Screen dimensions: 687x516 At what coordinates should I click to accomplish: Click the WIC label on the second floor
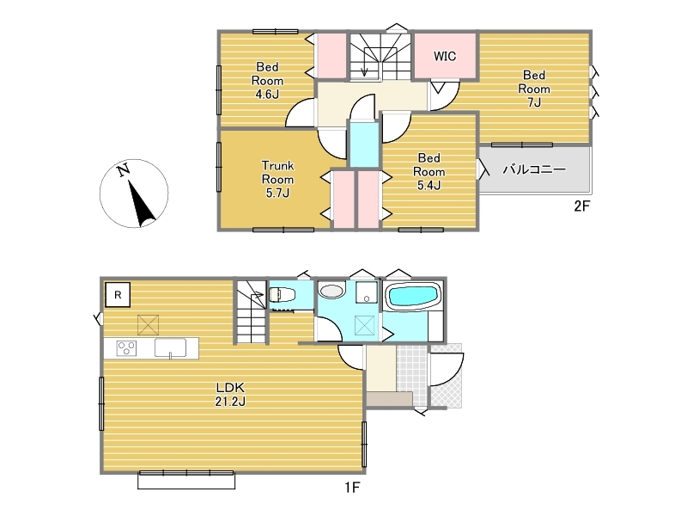point(445,56)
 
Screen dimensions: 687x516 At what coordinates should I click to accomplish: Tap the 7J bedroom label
point(534,89)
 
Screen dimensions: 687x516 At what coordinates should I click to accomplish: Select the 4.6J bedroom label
point(267,81)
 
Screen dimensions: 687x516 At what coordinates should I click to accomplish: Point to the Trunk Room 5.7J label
point(277,179)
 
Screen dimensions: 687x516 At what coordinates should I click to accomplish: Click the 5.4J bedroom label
point(429,171)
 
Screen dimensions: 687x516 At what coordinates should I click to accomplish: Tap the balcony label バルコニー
point(534,169)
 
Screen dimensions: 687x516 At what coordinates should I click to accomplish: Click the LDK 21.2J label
point(230,394)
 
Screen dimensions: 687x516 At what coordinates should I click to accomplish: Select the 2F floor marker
point(582,206)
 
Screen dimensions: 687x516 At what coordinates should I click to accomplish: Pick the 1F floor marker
point(352,487)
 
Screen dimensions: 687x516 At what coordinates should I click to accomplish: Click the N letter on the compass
point(124,169)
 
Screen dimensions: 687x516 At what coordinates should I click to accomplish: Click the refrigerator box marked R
point(118,295)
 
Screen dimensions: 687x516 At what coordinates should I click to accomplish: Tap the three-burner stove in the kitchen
point(126,348)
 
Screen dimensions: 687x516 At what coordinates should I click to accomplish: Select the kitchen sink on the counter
point(170,348)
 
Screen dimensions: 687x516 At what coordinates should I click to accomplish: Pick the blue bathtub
point(413,295)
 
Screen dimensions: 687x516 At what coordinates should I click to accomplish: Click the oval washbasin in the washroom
point(331,291)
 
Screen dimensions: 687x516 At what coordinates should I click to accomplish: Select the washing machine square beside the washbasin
point(367,292)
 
